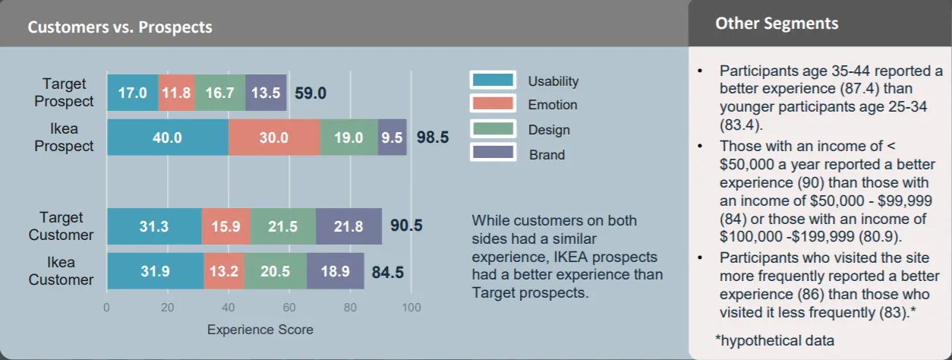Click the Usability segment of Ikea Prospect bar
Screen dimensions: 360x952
[x=167, y=137]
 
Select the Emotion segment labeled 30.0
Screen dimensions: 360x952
[x=274, y=137]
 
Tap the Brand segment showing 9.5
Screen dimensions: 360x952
[x=392, y=137]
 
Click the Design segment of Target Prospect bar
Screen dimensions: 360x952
[x=219, y=93]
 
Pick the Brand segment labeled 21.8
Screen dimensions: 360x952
[x=348, y=226]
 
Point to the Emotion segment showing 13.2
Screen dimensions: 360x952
[x=224, y=271]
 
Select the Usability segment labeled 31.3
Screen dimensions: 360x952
[x=154, y=226]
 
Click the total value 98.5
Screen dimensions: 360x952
[x=433, y=137]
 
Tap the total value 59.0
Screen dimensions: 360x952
[x=310, y=93]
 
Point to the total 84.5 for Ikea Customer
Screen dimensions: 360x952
[x=387, y=271]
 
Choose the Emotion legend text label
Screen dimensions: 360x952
[x=553, y=105]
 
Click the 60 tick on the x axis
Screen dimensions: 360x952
[x=289, y=308]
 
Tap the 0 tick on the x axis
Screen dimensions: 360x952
[x=106, y=308]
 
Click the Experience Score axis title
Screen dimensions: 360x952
[x=260, y=330]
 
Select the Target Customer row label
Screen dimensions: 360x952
[x=61, y=226]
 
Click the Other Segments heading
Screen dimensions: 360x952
[x=777, y=24]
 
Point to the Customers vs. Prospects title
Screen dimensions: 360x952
[x=120, y=27]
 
